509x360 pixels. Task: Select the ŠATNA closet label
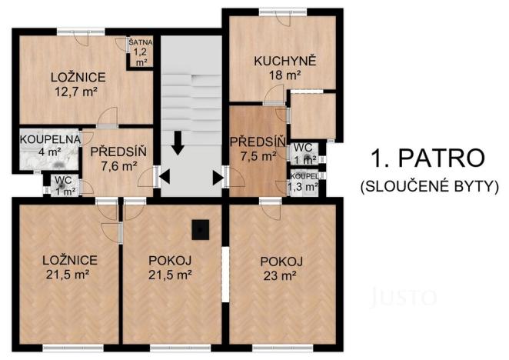(x=140, y=43)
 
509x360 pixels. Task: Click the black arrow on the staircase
(x=178, y=143)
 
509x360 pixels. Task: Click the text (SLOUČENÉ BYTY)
(x=429, y=185)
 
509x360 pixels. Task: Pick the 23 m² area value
(x=281, y=275)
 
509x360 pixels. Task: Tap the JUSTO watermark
(x=404, y=295)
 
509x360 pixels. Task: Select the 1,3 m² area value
(x=303, y=186)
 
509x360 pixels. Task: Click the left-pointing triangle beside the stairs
(x=164, y=177)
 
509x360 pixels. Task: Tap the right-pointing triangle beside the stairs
(x=218, y=177)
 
